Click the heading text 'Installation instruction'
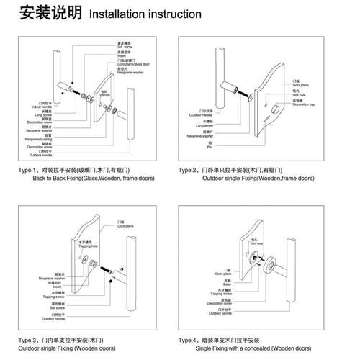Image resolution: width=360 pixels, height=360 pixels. point(144,14)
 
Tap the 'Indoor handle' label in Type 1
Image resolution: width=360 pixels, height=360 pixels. point(43,107)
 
